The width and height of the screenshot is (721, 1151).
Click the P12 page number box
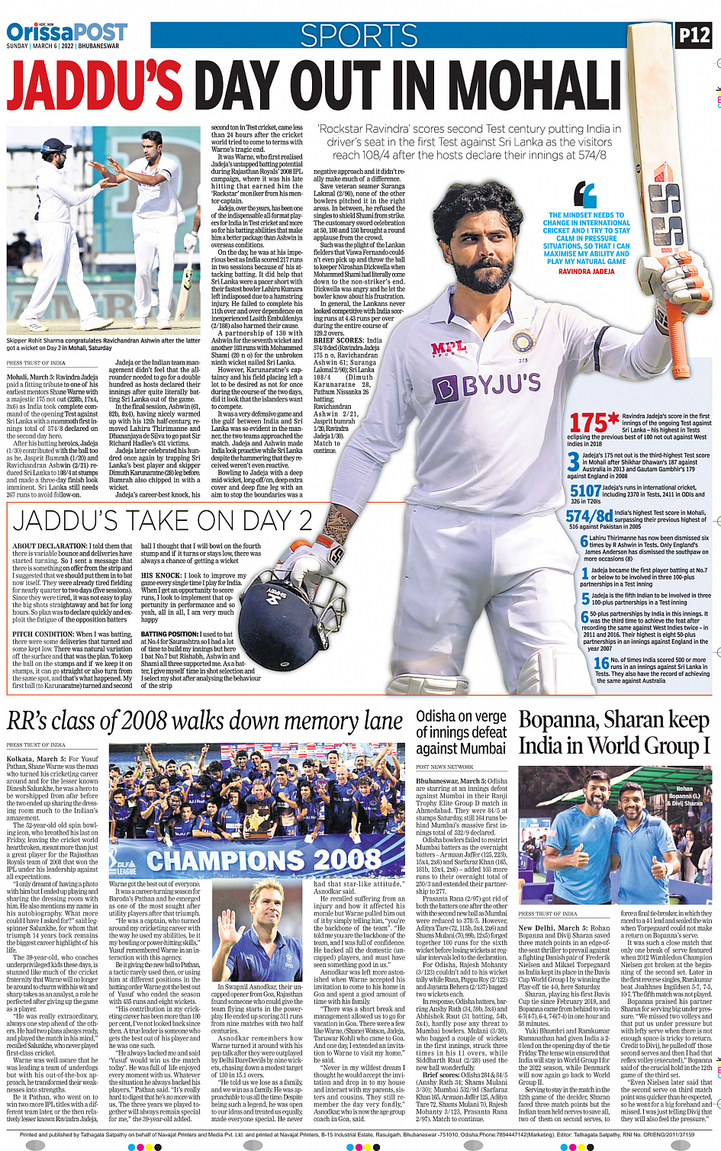694,35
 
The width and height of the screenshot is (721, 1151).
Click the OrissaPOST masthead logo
67,33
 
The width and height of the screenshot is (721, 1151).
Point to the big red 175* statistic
594,422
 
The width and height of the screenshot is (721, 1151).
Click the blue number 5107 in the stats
585,491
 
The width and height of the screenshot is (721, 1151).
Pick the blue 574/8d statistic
589,516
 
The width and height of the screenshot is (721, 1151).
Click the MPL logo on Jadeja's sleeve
449,349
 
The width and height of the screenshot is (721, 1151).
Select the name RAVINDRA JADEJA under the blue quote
586,272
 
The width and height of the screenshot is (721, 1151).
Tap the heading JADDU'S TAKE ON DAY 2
163,522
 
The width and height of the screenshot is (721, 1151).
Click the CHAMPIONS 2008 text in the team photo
263,860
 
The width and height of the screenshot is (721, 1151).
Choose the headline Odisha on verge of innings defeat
461,732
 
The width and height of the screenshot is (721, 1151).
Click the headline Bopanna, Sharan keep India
614,732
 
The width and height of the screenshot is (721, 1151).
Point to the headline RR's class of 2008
204,721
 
